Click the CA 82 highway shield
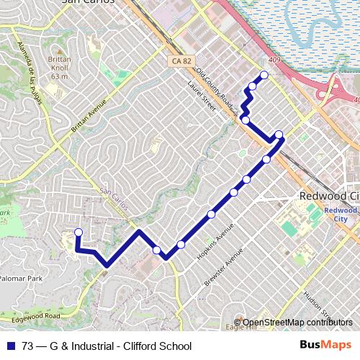pos(181,62)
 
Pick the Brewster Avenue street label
pos(225,267)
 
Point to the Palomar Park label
pos(22,277)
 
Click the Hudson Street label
pos(315,303)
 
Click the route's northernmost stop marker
pos(264,75)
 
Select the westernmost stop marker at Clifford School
pos(78,232)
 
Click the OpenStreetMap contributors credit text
pos(297,322)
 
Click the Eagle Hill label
pos(241,328)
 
